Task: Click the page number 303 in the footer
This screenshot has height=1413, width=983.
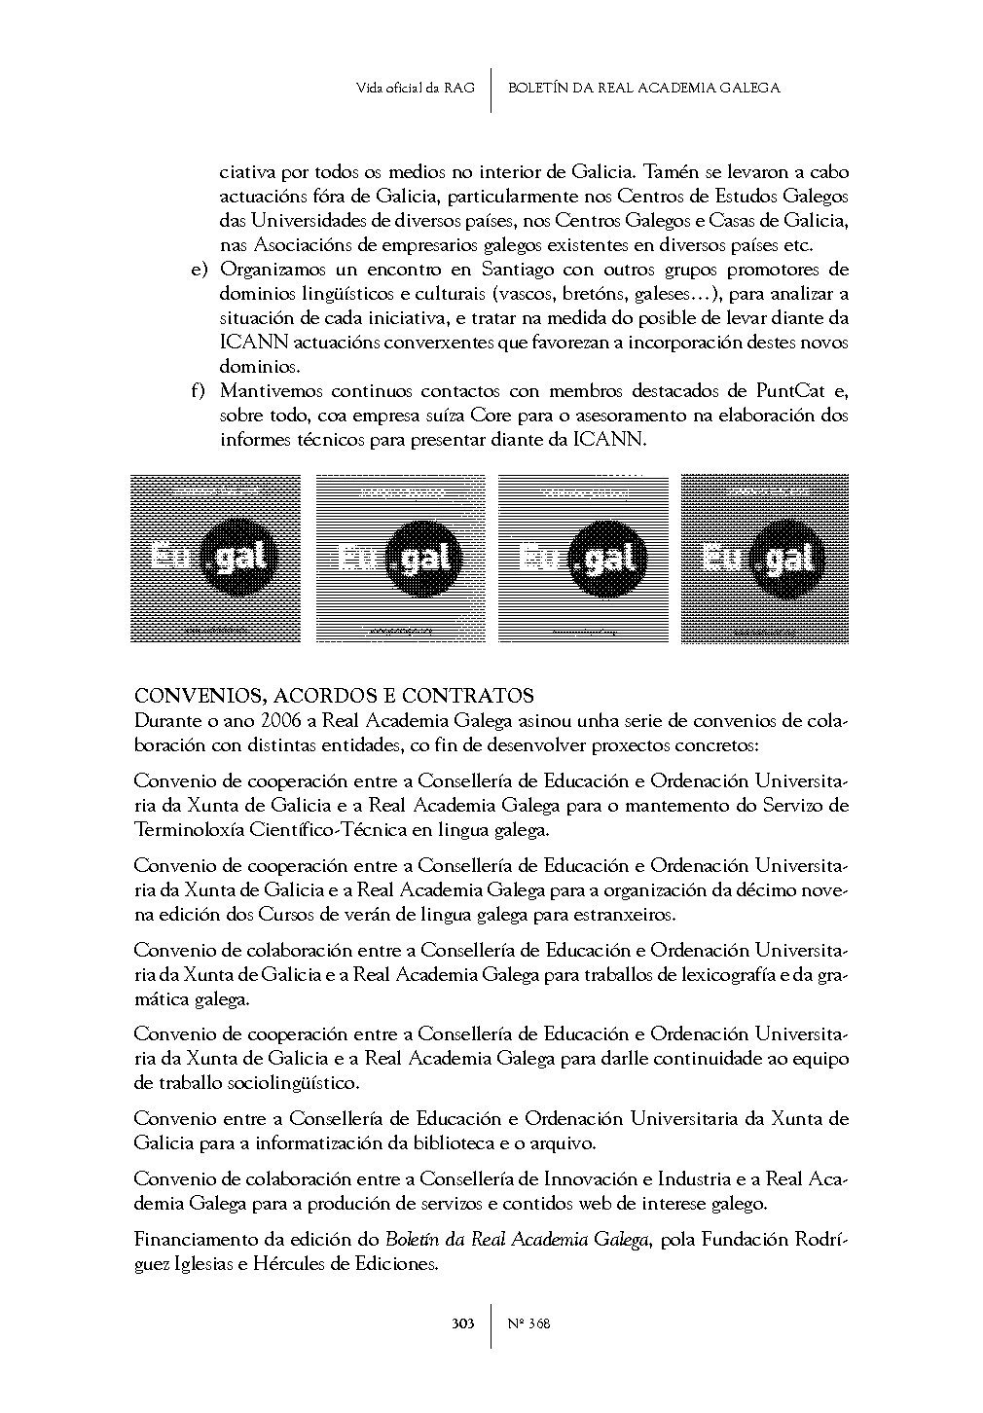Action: (x=462, y=1323)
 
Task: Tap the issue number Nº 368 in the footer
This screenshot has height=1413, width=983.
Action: (x=529, y=1323)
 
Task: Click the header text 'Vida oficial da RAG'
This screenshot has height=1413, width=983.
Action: (x=416, y=89)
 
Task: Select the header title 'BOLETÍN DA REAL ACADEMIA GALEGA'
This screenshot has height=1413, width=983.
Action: (x=644, y=89)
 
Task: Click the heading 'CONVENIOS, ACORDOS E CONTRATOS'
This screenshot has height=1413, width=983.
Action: (x=334, y=696)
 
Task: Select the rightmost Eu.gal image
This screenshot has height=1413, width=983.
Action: (x=765, y=559)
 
